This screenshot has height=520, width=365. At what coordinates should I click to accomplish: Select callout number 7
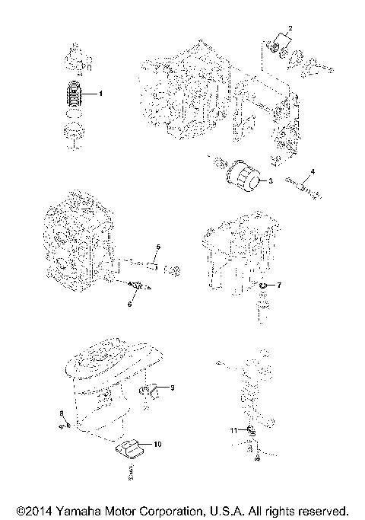(279, 285)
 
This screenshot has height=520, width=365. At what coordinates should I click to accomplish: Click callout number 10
(157, 443)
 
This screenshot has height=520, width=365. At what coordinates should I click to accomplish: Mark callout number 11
(233, 431)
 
